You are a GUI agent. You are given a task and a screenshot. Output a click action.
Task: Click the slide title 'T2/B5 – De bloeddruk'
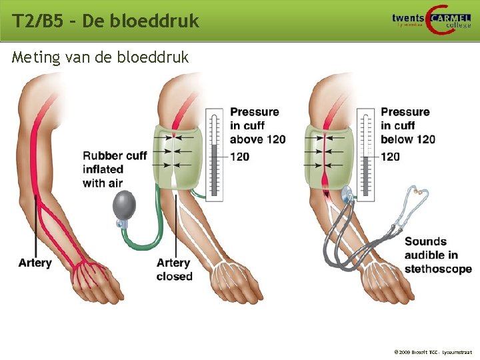pos(105,21)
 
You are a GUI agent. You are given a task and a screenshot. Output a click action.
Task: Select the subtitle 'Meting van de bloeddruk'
pos(100,57)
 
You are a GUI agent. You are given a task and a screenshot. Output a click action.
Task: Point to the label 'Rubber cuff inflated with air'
pos(114,169)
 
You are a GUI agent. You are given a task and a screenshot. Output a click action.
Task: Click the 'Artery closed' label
pos(174,269)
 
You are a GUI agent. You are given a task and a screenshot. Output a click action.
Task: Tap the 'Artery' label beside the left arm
pos(35,263)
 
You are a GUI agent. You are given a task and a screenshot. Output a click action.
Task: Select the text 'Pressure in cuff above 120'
pos(257,125)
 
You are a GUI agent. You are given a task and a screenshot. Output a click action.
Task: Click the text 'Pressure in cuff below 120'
pos(407,125)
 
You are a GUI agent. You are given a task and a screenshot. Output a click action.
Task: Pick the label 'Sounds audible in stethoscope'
pos(437,255)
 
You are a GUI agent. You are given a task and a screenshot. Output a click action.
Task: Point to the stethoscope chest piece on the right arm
pos(347,195)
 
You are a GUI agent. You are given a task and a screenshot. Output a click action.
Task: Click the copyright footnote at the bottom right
pos(433,350)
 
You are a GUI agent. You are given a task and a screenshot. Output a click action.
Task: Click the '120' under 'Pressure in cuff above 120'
pos(239,157)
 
